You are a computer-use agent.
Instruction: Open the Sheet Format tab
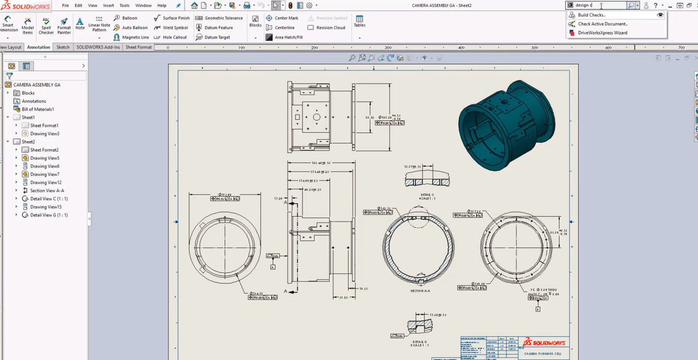pos(139,47)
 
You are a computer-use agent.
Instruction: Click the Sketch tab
pos(63,47)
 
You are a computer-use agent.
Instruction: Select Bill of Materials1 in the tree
pos(38,109)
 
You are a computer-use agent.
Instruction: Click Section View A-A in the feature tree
pos(47,190)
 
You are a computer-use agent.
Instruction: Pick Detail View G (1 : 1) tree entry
pos(49,215)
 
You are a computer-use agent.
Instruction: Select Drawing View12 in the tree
pos(45,182)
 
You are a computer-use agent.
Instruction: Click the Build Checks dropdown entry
pos(591,15)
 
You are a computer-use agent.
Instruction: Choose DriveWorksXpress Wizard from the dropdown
pos(602,33)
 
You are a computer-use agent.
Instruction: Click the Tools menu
pos(124,5)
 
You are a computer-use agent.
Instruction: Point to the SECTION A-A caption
pos(420,291)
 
